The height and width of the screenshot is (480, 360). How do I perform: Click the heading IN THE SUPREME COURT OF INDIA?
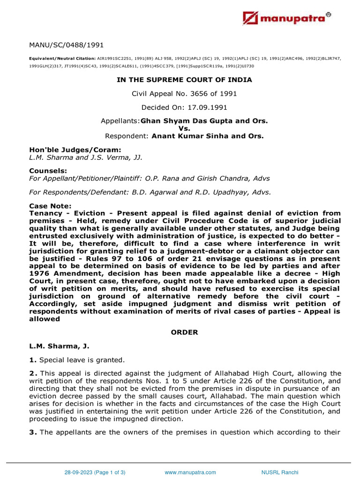coord(184,80)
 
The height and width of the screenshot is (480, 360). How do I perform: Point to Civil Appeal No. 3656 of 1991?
coord(184,94)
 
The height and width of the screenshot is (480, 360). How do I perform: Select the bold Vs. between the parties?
coord(184,128)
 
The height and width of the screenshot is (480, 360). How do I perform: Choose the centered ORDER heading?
coord(184,332)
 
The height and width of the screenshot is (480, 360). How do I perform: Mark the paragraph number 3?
coord(32,432)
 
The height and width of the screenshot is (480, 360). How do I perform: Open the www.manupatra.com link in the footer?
coord(190,472)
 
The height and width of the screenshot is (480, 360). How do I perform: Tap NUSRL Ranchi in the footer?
coord(279,472)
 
